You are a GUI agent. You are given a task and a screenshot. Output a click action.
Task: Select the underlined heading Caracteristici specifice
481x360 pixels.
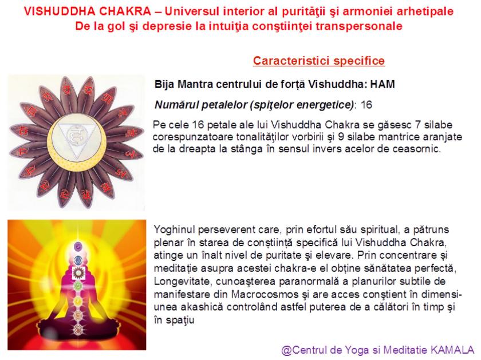[318, 61]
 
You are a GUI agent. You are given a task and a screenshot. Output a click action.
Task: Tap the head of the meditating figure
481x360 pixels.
[73, 247]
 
